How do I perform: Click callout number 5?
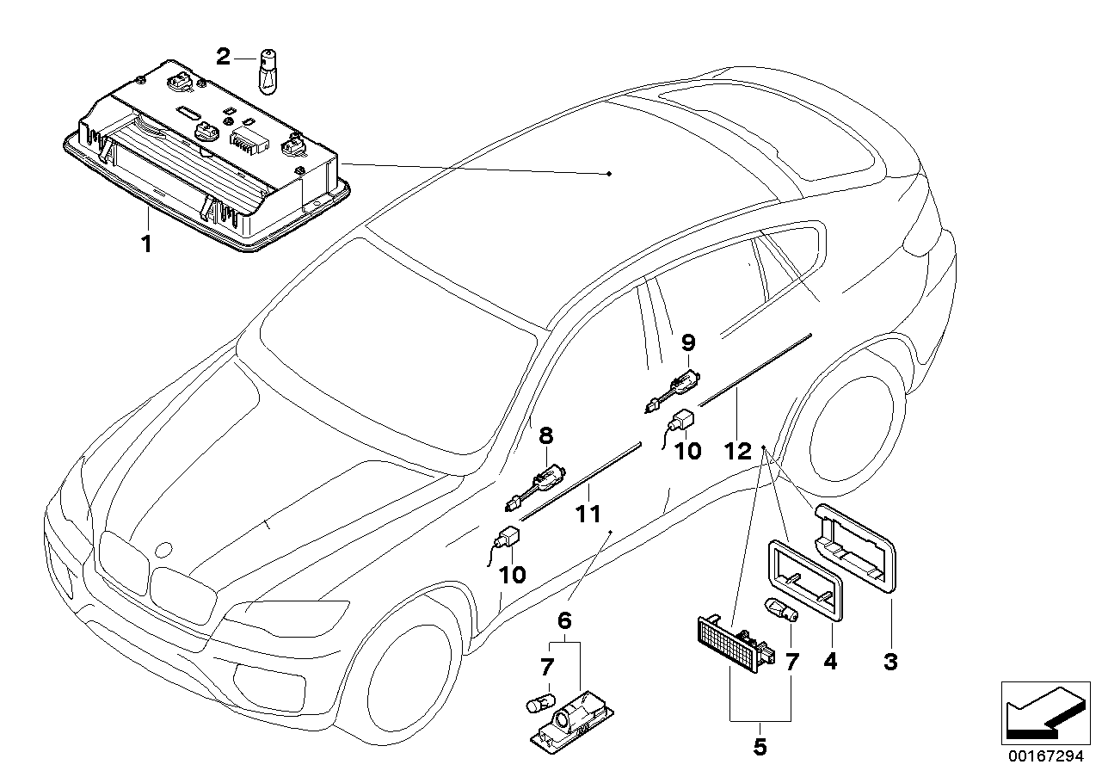(x=759, y=747)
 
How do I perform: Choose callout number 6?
(x=564, y=620)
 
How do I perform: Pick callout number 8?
(x=545, y=436)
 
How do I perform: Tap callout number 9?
(x=687, y=342)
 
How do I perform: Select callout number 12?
(x=738, y=450)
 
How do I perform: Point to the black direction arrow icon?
(x=1040, y=712)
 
